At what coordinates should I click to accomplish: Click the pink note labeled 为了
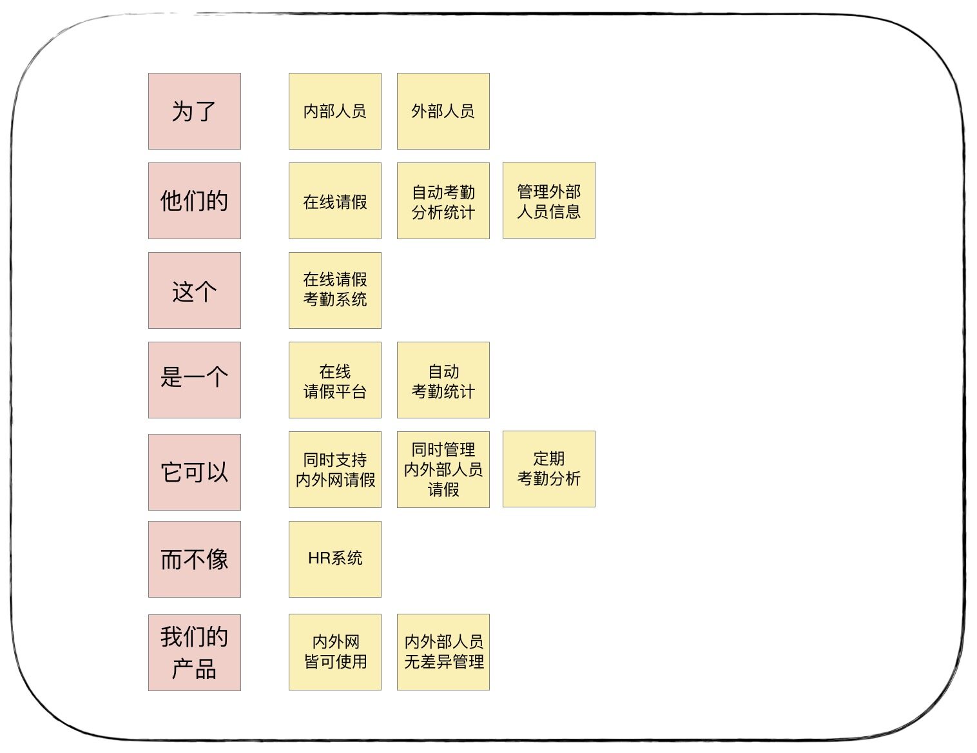click(195, 111)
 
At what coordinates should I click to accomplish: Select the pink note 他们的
click(195, 201)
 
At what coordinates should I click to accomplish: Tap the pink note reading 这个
click(195, 290)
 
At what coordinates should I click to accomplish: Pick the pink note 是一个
click(195, 380)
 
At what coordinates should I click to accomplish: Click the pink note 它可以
click(195, 472)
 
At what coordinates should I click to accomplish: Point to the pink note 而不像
click(195, 559)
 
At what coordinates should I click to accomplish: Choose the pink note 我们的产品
click(195, 652)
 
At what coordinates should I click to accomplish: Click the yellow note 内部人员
click(335, 111)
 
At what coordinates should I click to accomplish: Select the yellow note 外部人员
click(443, 111)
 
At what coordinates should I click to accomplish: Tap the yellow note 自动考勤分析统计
click(443, 201)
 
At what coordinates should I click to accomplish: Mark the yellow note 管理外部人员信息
click(549, 200)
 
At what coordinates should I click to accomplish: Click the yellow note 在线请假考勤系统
click(335, 290)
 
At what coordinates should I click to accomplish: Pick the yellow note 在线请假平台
click(335, 380)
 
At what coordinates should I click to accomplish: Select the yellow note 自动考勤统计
click(443, 380)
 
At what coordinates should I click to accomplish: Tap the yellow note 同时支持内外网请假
click(335, 470)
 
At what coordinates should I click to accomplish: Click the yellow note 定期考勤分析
click(549, 469)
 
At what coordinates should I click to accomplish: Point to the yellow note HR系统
click(335, 559)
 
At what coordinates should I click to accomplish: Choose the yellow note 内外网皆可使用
click(335, 652)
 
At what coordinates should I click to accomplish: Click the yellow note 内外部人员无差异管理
click(443, 652)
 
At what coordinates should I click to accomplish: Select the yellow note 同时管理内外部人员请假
click(443, 470)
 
